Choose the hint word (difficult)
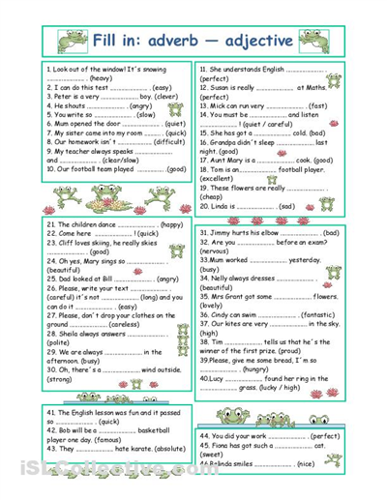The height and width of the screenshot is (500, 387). pyautogui.click(x=164, y=141)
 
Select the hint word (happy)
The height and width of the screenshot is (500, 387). pyautogui.click(x=171, y=224)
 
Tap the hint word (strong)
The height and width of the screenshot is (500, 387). pyautogui.click(x=63, y=380)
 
